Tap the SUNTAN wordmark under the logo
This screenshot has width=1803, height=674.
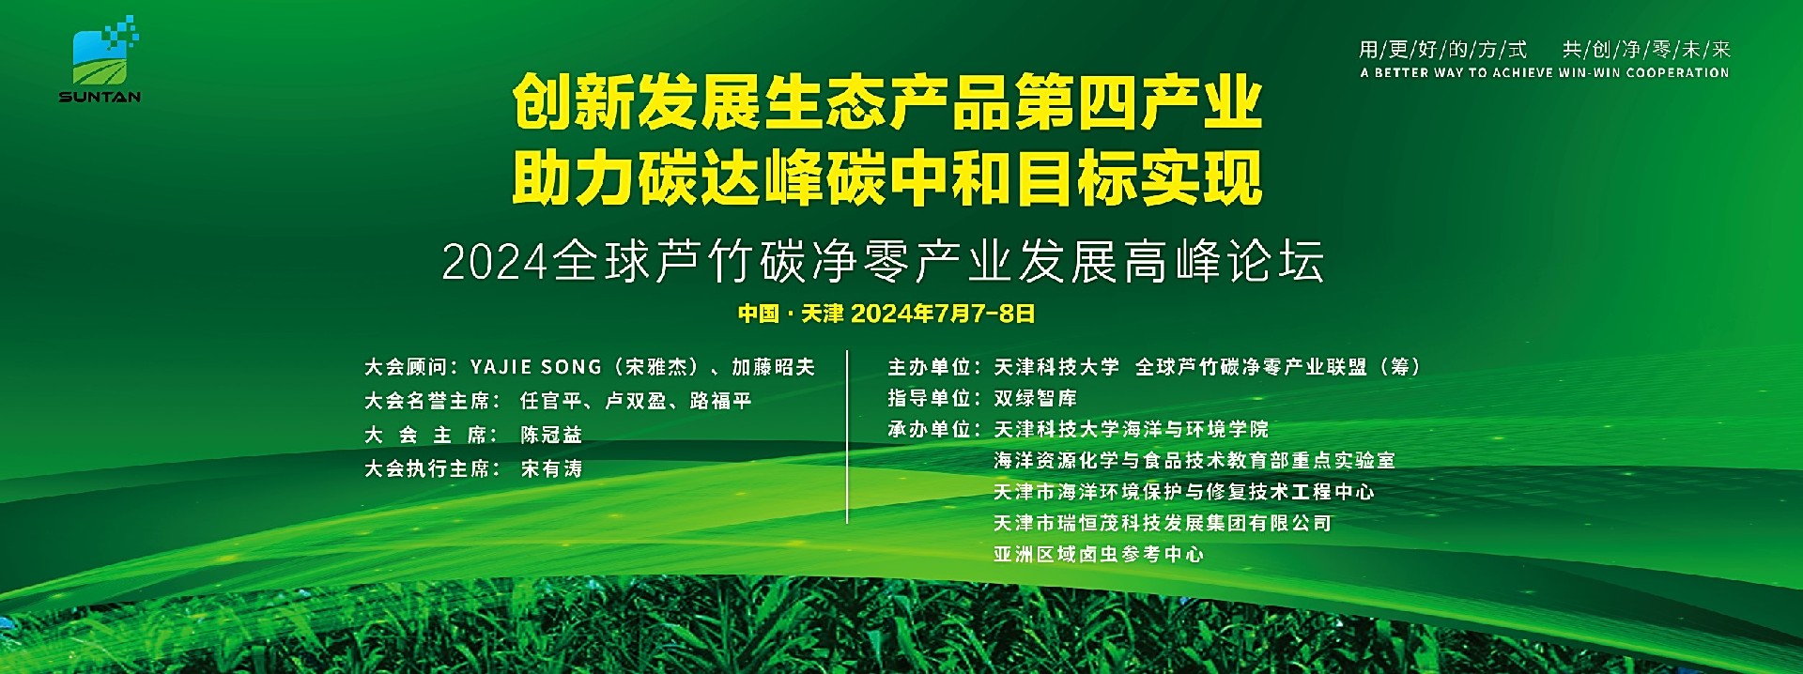click(x=100, y=97)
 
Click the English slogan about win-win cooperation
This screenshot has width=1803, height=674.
click(x=1544, y=72)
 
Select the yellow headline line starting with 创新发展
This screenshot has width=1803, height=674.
click(x=887, y=103)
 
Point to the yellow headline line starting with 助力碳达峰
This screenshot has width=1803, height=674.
click(x=887, y=178)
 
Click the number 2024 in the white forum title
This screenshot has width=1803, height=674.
click(x=495, y=263)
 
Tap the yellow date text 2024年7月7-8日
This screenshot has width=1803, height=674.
click(x=943, y=314)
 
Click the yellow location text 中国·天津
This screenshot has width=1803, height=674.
click(x=791, y=314)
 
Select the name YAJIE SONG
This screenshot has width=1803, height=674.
click(x=535, y=367)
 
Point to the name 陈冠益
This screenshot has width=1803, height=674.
click(x=551, y=435)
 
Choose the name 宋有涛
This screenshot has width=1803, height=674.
click(x=551, y=468)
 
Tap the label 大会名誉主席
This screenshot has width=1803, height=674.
click(x=426, y=401)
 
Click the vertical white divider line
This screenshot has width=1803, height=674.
click(x=847, y=437)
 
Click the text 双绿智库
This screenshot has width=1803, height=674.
click(x=1035, y=398)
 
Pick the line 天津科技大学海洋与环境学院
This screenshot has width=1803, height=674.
click(x=1131, y=429)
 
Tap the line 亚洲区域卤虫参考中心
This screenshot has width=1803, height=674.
click(x=1099, y=554)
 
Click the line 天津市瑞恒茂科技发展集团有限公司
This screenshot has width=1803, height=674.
click(x=1163, y=523)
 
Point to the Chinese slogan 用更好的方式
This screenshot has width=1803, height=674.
click(x=1443, y=50)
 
